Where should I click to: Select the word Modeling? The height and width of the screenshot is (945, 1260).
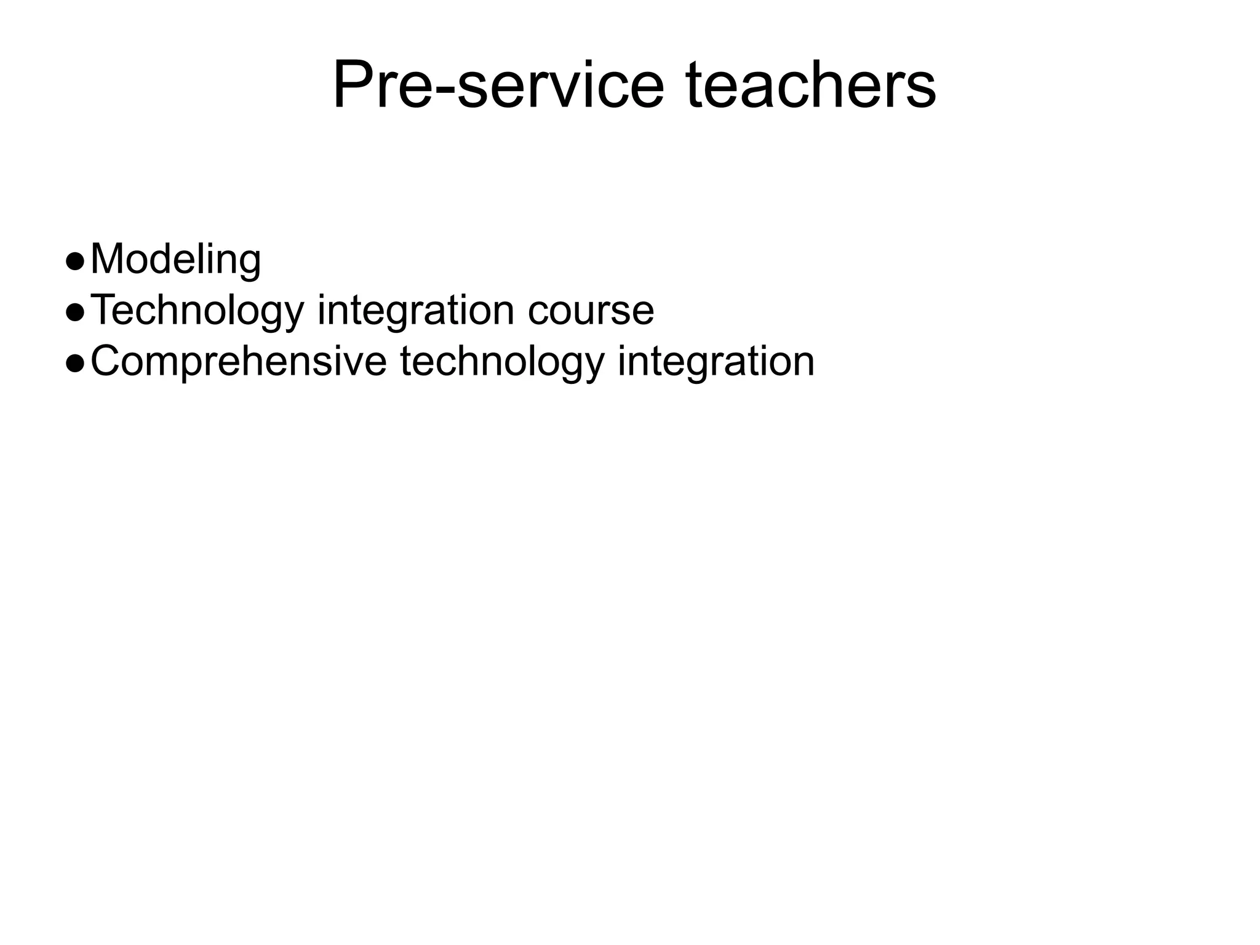(x=175, y=260)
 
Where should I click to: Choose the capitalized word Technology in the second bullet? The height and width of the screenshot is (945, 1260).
(x=197, y=311)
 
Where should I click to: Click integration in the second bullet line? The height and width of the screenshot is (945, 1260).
(x=415, y=311)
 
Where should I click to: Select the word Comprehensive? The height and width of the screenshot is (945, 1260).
(x=239, y=362)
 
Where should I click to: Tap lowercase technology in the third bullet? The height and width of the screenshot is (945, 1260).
(x=502, y=362)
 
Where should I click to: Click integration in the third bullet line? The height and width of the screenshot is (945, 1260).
(x=716, y=362)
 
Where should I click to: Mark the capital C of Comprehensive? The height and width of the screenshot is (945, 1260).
(x=106, y=361)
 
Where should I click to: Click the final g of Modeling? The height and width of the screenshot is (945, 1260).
(x=250, y=265)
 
